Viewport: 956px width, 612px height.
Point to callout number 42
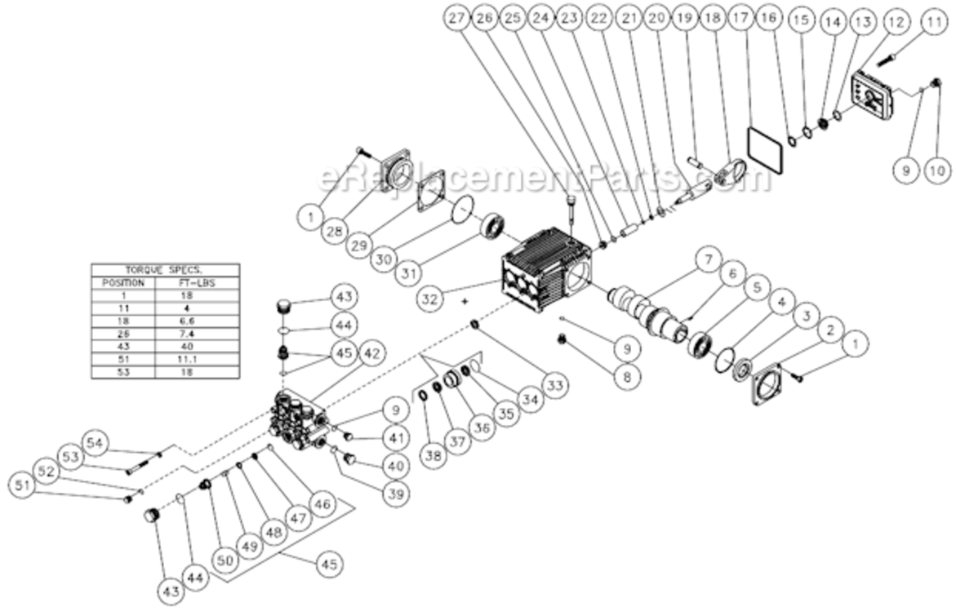coord(371,353)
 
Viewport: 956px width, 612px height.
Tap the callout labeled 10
coord(936,170)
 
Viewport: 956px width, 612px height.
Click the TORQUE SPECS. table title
coord(166,269)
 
